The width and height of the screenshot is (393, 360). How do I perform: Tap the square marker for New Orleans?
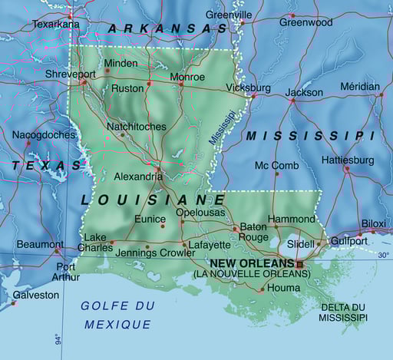pyautogui.click(x=300, y=265)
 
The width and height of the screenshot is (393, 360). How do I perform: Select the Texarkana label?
pyautogui.click(x=55, y=25)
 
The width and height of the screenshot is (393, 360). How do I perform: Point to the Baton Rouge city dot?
pyautogui.click(x=235, y=228)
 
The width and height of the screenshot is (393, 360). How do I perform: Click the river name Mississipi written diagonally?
pyautogui.click(x=223, y=126)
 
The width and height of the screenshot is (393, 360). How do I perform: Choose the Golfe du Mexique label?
pyautogui.click(x=117, y=315)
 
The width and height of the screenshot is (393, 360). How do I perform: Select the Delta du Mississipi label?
pyautogui.click(x=342, y=312)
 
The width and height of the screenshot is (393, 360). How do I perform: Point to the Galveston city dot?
pyautogui.click(x=13, y=302)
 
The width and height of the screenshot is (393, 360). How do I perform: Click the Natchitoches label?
pyautogui.click(x=136, y=126)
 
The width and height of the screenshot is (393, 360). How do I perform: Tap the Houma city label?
pyautogui.click(x=284, y=288)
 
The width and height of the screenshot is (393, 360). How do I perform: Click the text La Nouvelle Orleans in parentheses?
pyautogui.click(x=246, y=273)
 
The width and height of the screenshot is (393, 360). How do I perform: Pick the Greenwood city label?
pyautogui.click(x=305, y=22)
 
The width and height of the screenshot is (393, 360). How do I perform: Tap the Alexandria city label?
pyautogui.click(x=138, y=176)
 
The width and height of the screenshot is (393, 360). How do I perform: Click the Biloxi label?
pyautogui.click(x=373, y=223)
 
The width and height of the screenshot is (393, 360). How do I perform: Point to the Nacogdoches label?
pyautogui.click(x=44, y=135)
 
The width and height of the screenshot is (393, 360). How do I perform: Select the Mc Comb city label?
pyautogui.click(x=276, y=165)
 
